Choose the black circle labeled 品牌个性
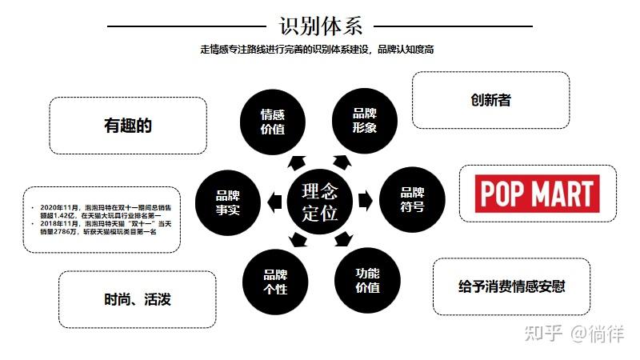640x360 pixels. click(x=274, y=280)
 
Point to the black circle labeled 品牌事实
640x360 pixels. click(x=227, y=200)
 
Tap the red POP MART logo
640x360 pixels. click(x=536, y=193)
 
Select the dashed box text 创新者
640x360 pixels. click(x=490, y=101)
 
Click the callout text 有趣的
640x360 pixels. click(x=127, y=126)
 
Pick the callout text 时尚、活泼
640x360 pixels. click(x=137, y=300)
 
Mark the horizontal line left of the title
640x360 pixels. click(x=186, y=26)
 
